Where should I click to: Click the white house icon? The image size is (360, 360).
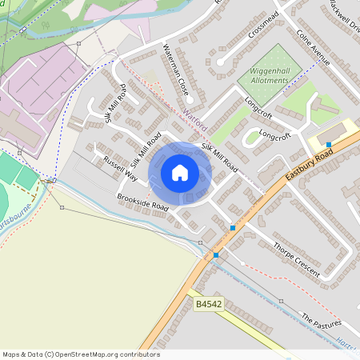[180, 173]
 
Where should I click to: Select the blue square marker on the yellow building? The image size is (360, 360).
[329, 145]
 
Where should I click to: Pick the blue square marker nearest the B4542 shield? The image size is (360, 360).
[216, 255]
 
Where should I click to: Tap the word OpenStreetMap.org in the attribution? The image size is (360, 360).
[87, 354]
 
